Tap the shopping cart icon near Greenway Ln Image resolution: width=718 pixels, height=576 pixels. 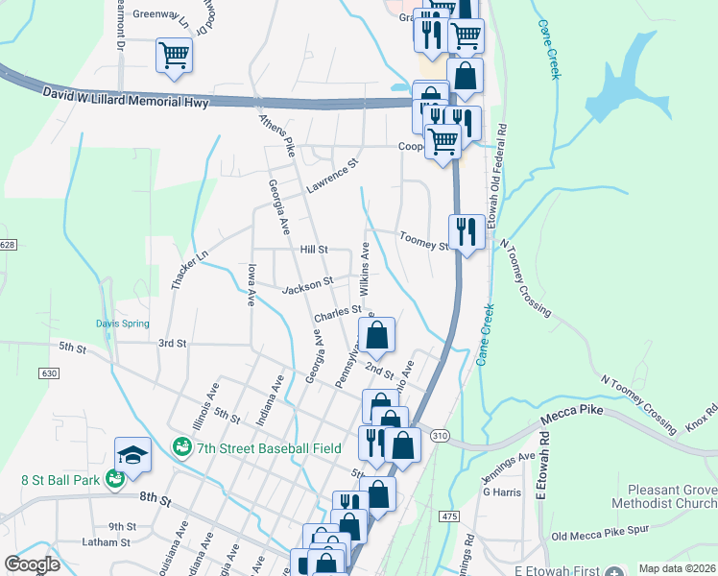pos(174,55)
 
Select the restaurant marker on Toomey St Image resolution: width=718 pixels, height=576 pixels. pos(467,233)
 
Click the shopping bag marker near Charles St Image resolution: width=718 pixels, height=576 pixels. pos(378,337)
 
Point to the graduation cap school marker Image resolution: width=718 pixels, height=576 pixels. pos(132,456)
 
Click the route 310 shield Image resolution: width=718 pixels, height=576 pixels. pos(440,436)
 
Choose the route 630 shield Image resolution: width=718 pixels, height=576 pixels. pos(51,372)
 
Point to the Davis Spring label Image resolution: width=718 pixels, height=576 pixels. pos(122,324)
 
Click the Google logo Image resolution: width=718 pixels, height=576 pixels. pos(32,564)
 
